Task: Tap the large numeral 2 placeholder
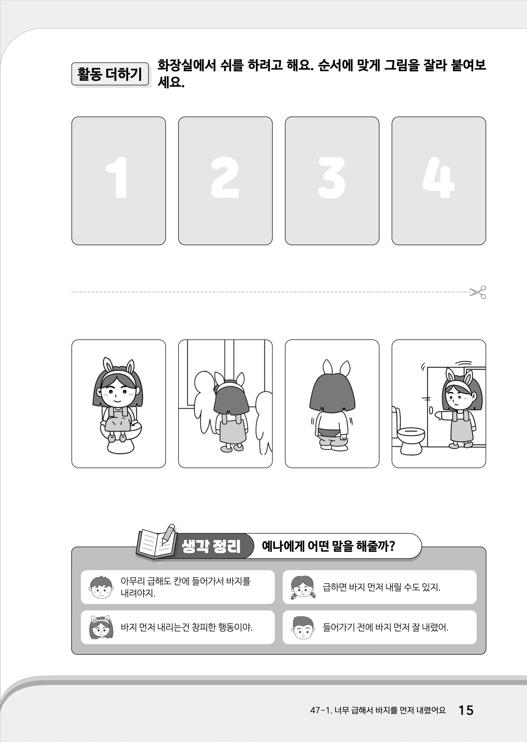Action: tap(225, 178)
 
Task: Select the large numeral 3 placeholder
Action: tap(331, 178)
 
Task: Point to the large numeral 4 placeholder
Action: tap(438, 178)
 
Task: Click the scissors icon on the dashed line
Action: tap(478, 292)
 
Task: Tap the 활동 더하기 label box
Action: tap(110, 74)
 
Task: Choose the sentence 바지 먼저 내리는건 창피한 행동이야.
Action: tap(187, 627)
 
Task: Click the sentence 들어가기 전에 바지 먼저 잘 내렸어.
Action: tap(385, 627)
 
